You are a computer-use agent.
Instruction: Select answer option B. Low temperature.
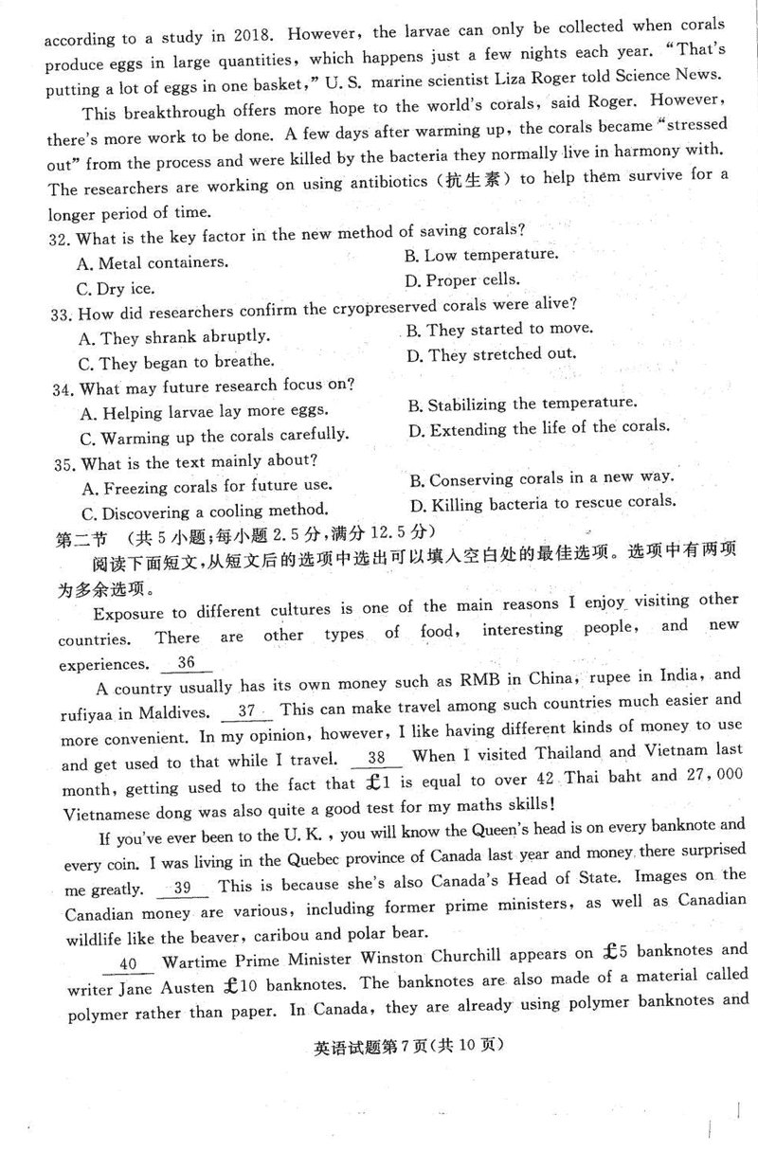480,255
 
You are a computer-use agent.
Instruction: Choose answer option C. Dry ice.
116,288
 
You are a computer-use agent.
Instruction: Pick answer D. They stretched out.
492,355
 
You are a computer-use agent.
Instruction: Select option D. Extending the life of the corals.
538,428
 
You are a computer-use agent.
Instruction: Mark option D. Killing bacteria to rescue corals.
542,501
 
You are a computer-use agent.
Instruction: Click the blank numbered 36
187,663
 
